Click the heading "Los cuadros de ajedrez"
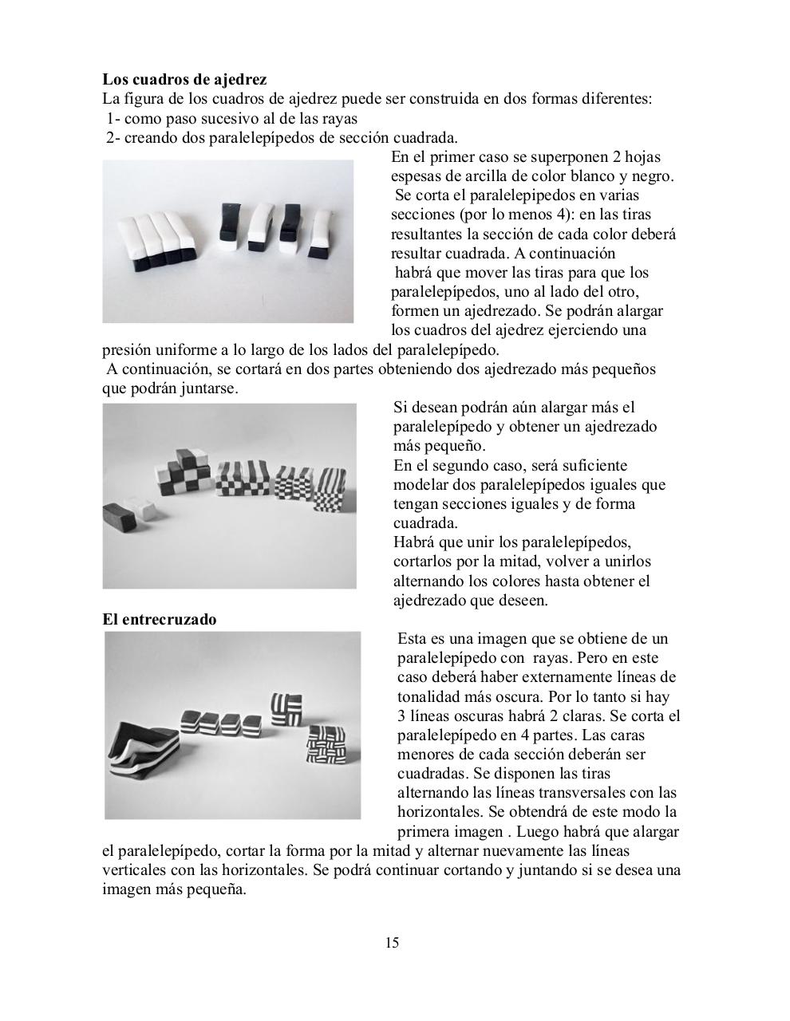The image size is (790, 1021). tap(184, 80)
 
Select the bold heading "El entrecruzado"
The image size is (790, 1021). tap(159, 619)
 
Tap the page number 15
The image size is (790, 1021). tap(392, 944)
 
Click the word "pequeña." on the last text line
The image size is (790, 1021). tap(215, 890)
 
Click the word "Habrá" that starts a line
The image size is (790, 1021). tap(413, 542)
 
